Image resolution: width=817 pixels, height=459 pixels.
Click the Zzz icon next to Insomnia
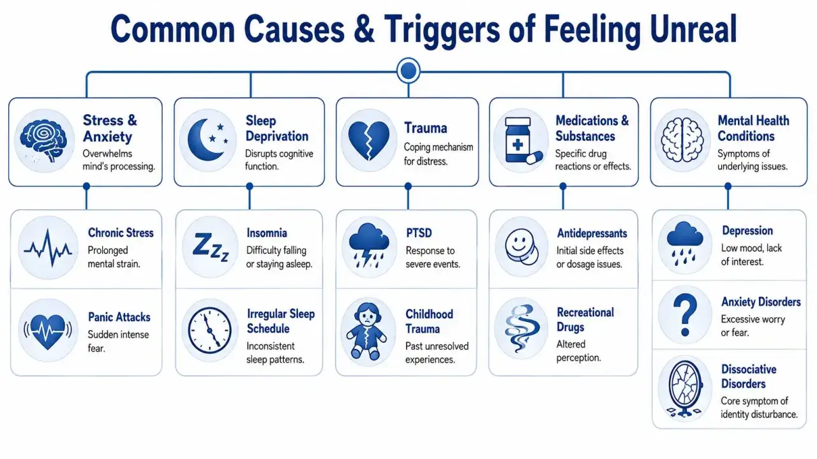pyautogui.click(x=211, y=247)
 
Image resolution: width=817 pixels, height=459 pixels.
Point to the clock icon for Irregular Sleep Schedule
pyautogui.click(x=210, y=330)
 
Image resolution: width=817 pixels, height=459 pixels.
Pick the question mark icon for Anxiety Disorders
pyautogui.click(x=685, y=315)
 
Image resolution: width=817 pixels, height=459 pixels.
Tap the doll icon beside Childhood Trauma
pyautogui.click(x=366, y=331)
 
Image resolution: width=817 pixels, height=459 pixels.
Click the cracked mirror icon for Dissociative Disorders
pyautogui.click(x=685, y=389)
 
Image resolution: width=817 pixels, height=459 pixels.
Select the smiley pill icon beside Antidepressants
pyautogui.click(x=521, y=247)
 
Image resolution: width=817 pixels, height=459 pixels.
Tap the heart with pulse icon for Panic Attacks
pyautogui.click(x=48, y=331)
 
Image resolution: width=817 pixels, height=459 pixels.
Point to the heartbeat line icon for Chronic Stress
pyautogui.click(x=48, y=248)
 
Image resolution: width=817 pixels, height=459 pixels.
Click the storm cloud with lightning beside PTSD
pyautogui.click(x=369, y=245)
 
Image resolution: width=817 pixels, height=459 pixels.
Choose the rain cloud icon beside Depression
pyautogui.click(x=685, y=243)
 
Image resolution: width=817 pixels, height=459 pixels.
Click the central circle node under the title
pyautogui.click(x=408, y=71)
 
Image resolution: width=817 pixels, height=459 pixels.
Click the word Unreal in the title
pyautogui.click(x=693, y=29)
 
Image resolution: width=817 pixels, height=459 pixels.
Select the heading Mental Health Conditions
pyautogui.click(x=753, y=128)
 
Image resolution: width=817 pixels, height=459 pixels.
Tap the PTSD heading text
pyautogui.click(x=419, y=233)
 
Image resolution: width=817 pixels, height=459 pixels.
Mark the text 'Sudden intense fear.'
pyautogui.click(x=118, y=341)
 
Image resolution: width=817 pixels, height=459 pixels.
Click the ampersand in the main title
pyautogui.click(x=363, y=29)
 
